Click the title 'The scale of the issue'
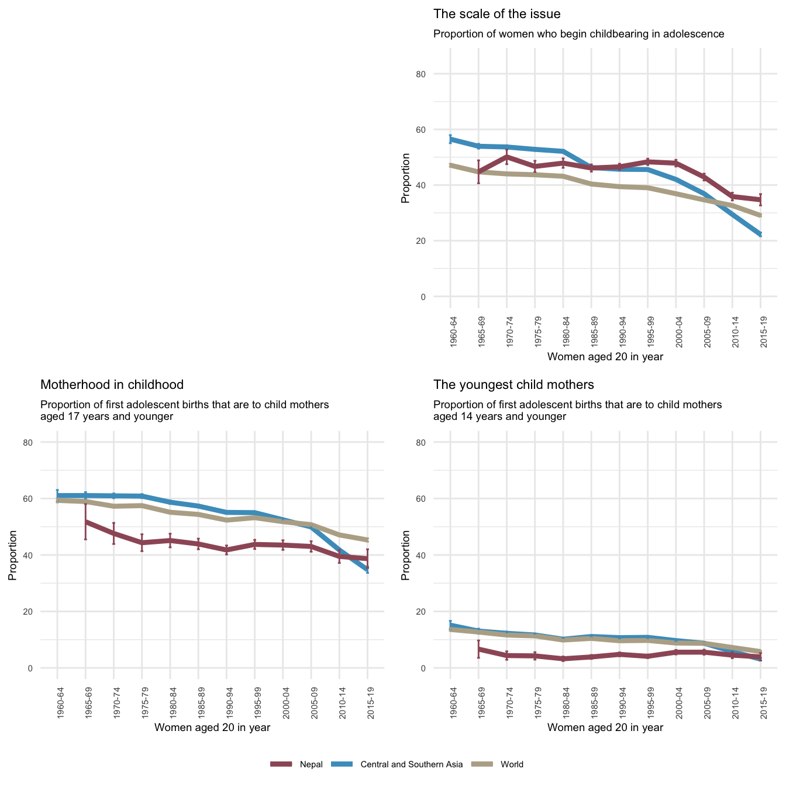pyautogui.click(x=497, y=14)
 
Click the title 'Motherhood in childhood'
pyautogui.click(x=112, y=385)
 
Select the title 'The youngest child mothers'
pyautogui.click(x=513, y=385)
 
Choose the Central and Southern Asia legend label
pyautogui.click(x=411, y=764)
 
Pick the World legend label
pyautogui.click(x=512, y=764)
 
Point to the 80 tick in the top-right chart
pyautogui.click(x=437, y=74)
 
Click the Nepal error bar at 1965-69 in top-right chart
pyautogui.click(x=478, y=172)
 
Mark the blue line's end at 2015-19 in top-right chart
pyautogui.click(x=760, y=235)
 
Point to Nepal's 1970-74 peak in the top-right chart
pyautogui.click(x=506, y=157)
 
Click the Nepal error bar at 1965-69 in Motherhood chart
pyautogui.click(x=85, y=521)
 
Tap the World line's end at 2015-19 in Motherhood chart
pyautogui.click(x=367, y=540)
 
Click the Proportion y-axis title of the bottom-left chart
pyautogui.click(x=12, y=555)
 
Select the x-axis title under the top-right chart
pyautogui.click(x=605, y=356)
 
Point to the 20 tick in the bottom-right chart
pyautogui.click(x=437, y=612)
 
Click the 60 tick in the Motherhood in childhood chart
pyautogui.click(x=44, y=499)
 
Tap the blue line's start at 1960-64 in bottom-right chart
pyautogui.click(x=450, y=625)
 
